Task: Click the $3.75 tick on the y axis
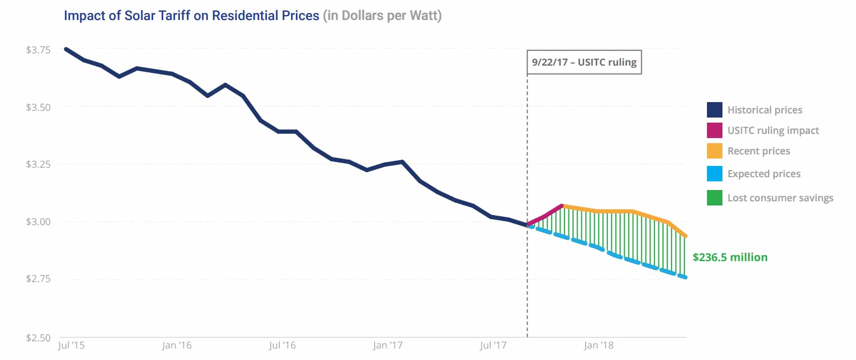pos(38,50)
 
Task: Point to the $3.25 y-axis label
pos(38,164)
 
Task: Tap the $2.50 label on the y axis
pos(38,338)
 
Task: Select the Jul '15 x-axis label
pos(71,345)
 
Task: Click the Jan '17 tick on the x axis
pos(387,345)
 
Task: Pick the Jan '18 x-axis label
pos(598,345)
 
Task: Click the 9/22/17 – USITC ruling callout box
pos(584,62)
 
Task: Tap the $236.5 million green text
pos(730,257)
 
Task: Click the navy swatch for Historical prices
pos(714,110)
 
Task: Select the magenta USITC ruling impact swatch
pos(714,130)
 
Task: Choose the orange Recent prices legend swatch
pos(714,151)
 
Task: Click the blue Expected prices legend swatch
pos(714,174)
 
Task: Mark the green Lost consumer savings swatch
pos(714,198)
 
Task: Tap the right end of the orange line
pos(686,236)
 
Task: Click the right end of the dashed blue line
pos(685,277)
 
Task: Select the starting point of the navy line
pos(67,49)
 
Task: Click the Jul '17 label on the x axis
pos(493,345)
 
